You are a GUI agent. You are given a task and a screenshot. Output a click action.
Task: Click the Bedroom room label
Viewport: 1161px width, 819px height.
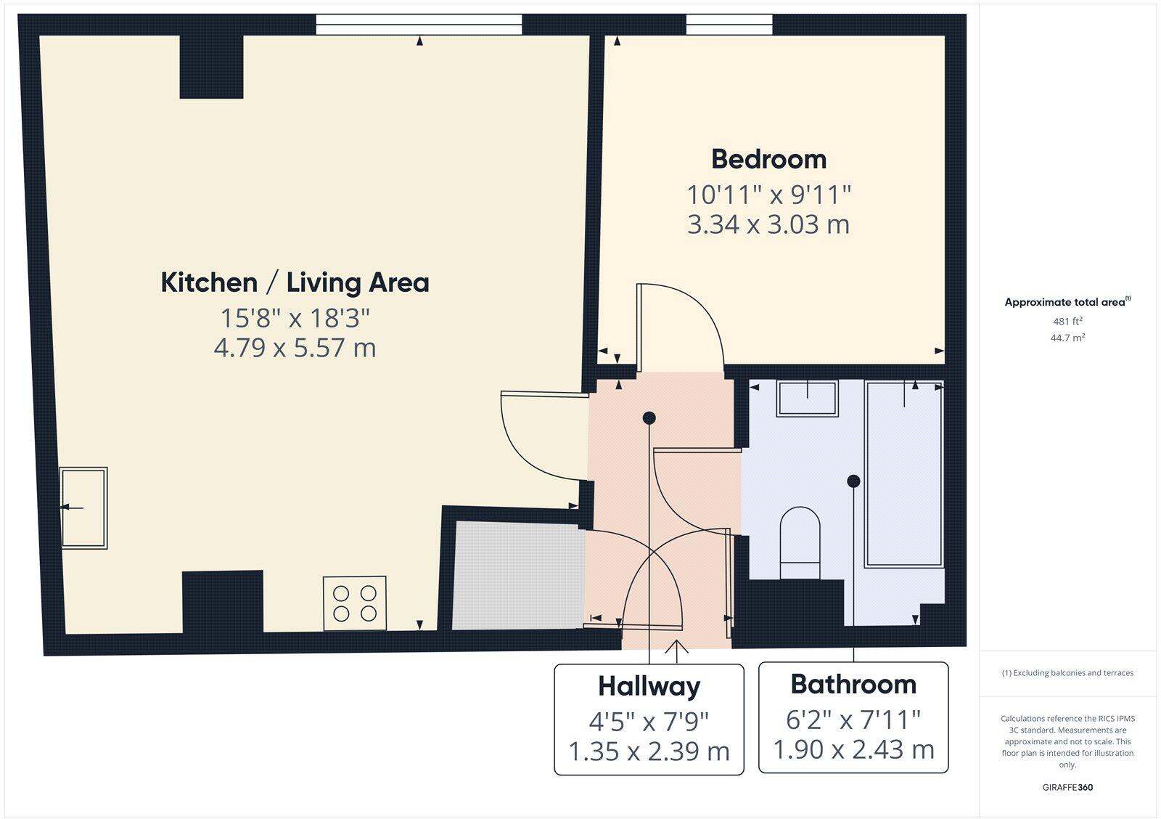tap(768, 159)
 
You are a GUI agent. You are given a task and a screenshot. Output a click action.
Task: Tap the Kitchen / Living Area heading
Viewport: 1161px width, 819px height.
tap(295, 282)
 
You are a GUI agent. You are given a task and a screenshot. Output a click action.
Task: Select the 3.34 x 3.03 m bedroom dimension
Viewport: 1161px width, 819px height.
tap(768, 224)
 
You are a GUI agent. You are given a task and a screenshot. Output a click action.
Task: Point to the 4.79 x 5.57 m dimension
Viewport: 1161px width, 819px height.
tap(295, 348)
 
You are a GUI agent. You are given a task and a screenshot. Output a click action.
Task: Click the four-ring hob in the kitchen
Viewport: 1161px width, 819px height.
tap(355, 603)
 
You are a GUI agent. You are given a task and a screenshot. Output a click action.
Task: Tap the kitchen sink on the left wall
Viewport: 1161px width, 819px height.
tap(84, 508)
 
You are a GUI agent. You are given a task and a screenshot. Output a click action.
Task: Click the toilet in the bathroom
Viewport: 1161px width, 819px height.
tap(800, 542)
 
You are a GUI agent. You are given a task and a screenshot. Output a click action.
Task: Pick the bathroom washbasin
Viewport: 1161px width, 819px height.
tap(808, 398)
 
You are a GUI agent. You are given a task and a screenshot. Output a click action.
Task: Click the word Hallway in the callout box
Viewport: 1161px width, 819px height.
tap(649, 686)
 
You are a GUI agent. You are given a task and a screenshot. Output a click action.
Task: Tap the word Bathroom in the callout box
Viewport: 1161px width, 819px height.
tap(853, 684)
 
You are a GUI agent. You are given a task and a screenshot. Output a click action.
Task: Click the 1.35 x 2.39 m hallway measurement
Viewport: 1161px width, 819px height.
tap(649, 751)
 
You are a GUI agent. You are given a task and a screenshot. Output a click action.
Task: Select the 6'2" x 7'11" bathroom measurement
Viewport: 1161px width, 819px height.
tap(853, 720)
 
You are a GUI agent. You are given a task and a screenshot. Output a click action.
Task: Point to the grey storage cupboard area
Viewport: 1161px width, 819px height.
tap(518, 576)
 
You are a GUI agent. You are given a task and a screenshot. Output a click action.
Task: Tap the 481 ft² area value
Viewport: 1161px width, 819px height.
tap(1067, 321)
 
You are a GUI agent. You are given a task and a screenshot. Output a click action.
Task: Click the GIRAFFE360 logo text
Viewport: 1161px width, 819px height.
tap(1067, 787)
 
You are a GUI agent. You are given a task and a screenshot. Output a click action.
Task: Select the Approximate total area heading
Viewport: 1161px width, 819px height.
tap(1065, 302)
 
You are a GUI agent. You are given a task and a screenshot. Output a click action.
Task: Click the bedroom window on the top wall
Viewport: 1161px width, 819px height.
tap(729, 25)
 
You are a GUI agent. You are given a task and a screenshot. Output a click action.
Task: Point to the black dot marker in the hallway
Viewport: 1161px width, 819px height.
tap(649, 417)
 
